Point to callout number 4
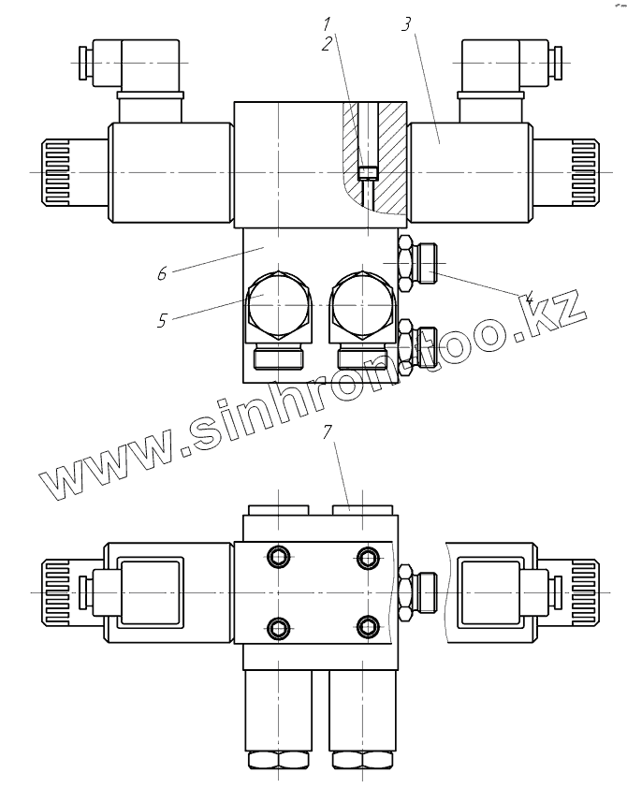[x=529, y=299]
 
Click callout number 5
[x=163, y=320]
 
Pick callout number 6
[x=162, y=273]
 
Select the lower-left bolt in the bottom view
[x=278, y=626]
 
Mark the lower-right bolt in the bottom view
[x=368, y=626]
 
